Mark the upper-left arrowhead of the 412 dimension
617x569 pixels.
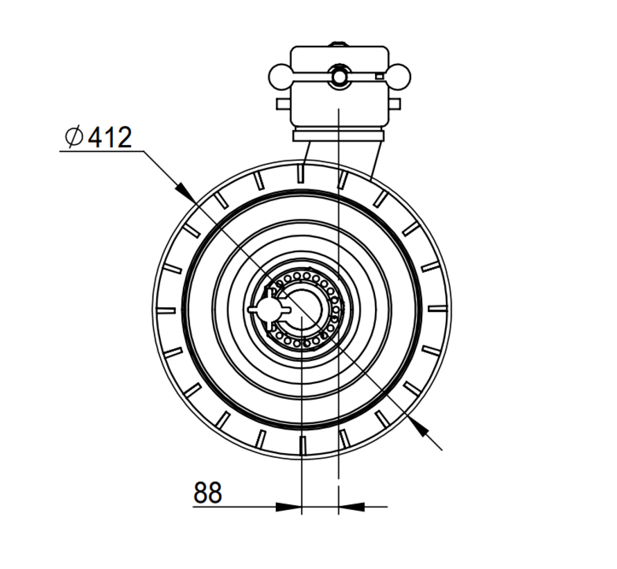coord(183,190)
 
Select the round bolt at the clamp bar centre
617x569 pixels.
coord(339,76)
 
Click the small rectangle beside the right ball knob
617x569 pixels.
coord(379,76)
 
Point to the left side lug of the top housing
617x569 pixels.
coord(283,104)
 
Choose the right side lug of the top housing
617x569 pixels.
coord(394,104)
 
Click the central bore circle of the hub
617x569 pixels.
coord(304,309)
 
